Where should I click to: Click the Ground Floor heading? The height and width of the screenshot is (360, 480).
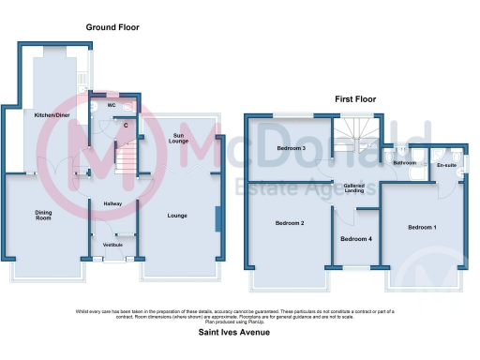112,28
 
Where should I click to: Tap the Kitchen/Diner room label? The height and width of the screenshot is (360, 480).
51,115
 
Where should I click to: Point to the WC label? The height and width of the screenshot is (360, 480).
111,105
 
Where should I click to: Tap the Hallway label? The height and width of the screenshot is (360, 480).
113,202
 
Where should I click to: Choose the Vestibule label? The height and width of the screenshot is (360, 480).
113,245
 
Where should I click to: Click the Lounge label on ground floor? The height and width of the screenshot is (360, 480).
177,217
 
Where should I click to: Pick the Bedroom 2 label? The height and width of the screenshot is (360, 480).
290,223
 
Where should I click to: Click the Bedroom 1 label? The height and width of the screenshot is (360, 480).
423,228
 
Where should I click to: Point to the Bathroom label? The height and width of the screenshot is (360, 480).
404,163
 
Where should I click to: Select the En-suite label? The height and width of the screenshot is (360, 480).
446,166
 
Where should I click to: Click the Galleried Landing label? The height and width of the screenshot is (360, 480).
353,188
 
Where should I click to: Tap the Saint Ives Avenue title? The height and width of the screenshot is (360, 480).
239,332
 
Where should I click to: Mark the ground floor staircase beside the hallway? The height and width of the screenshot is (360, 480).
125,163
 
